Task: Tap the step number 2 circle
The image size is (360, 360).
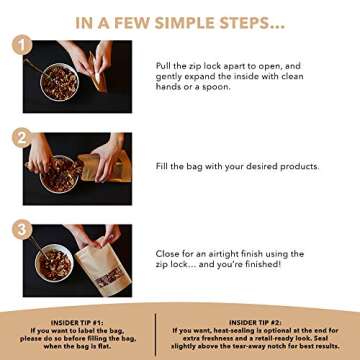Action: point(20,137)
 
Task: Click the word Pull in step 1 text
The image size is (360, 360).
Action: point(163,65)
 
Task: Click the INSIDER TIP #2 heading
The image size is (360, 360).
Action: point(255,322)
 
